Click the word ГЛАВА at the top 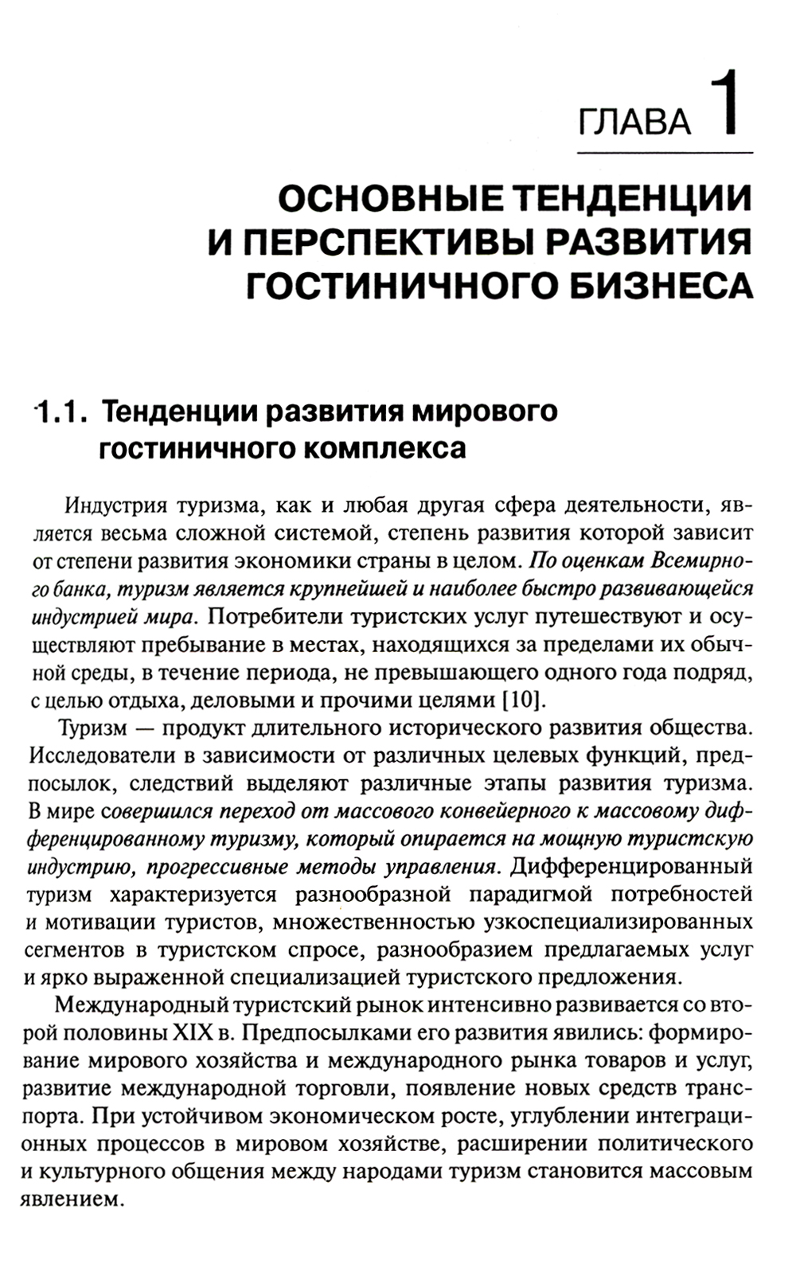[634, 121]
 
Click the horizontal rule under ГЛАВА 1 [660, 152]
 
